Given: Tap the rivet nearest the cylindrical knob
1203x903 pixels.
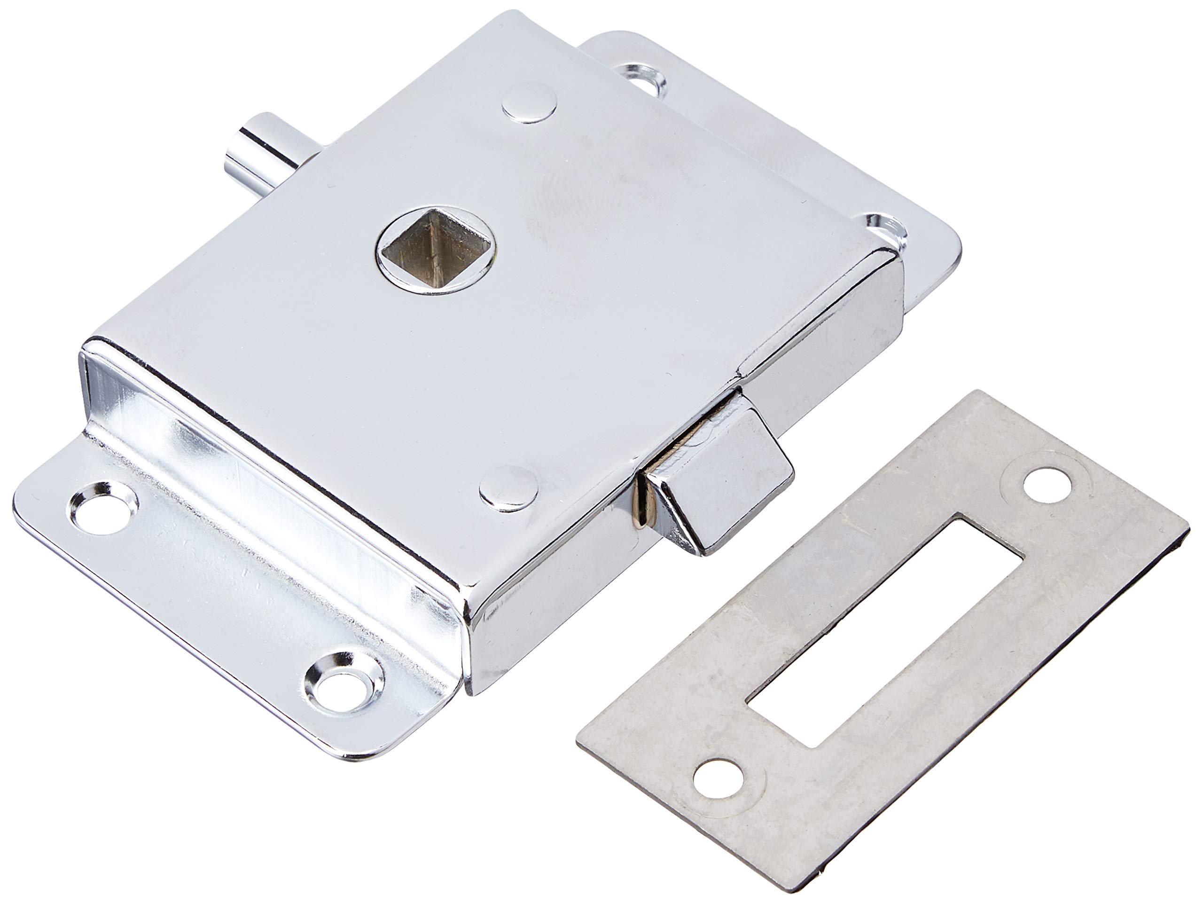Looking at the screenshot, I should click(529, 103).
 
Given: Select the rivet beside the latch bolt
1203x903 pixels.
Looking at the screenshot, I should click(508, 489).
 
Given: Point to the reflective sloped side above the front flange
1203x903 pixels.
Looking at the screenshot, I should click(261, 451).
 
